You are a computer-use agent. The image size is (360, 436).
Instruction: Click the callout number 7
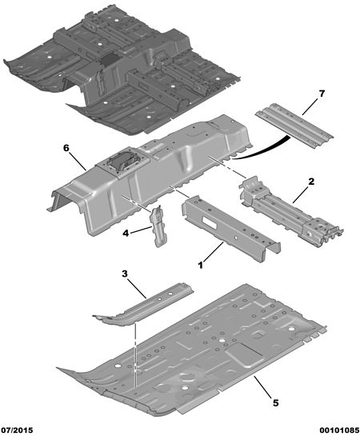[322, 94]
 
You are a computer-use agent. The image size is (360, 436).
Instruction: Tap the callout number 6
[66, 148]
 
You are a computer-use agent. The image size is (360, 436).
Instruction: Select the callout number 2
[311, 182]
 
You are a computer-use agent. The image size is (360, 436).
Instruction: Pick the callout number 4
[126, 234]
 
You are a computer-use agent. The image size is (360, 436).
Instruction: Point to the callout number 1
[201, 266]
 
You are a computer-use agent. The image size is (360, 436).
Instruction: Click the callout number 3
[125, 274]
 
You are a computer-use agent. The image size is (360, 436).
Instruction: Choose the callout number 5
[275, 402]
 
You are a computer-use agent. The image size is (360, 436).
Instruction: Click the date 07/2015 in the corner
[18, 430]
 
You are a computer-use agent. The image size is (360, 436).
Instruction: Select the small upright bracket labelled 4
[159, 226]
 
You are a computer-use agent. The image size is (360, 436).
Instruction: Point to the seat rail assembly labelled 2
[290, 211]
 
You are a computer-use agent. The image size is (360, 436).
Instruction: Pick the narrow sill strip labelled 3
[143, 304]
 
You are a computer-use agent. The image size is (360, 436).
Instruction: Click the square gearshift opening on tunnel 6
[122, 162]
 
